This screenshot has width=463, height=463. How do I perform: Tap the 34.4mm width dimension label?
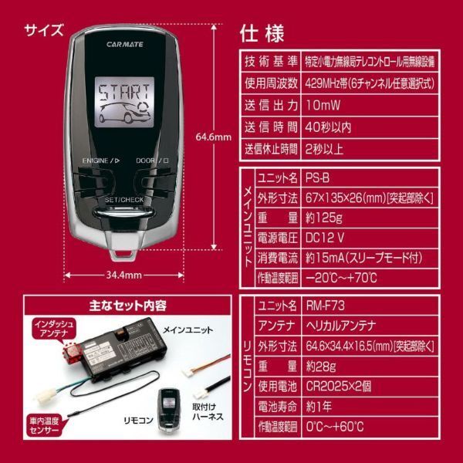[123, 274]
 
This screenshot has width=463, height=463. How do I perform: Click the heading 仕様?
[262, 33]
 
